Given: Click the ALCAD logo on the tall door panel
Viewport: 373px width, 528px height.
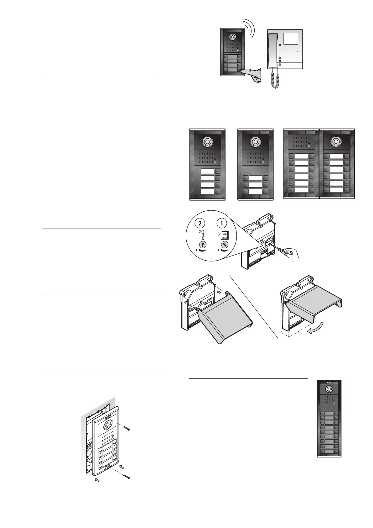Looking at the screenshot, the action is tap(329, 383).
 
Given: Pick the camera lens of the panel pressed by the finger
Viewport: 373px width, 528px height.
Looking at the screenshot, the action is tap(232, 37).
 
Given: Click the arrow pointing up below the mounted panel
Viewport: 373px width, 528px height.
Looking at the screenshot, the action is tap(97, 479).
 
